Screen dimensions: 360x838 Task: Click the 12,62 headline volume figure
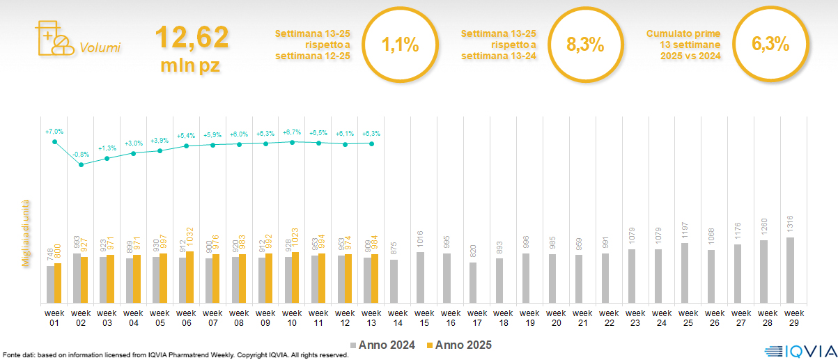tap(192, 38)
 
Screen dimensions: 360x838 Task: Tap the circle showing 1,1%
tap(401, 45)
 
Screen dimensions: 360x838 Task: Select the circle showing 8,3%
tap(585, 45)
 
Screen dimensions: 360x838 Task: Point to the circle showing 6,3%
tap(770, 45)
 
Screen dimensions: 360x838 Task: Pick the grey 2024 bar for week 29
tap(789, 270)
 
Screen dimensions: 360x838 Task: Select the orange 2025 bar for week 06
tap(190, 277)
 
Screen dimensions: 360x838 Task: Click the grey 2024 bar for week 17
tap(473, 283)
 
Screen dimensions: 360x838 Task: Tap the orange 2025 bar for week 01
tap(58, 283)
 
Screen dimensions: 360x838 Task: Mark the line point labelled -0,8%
tap(81, 164)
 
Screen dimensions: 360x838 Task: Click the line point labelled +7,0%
tap(54, 142)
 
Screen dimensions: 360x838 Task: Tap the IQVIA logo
tap(797, 350)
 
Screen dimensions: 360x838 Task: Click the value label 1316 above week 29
tap(790, 225)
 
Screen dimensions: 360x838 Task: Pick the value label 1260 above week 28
tap(763, 228)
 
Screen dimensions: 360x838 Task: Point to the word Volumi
tap(100, 48)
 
